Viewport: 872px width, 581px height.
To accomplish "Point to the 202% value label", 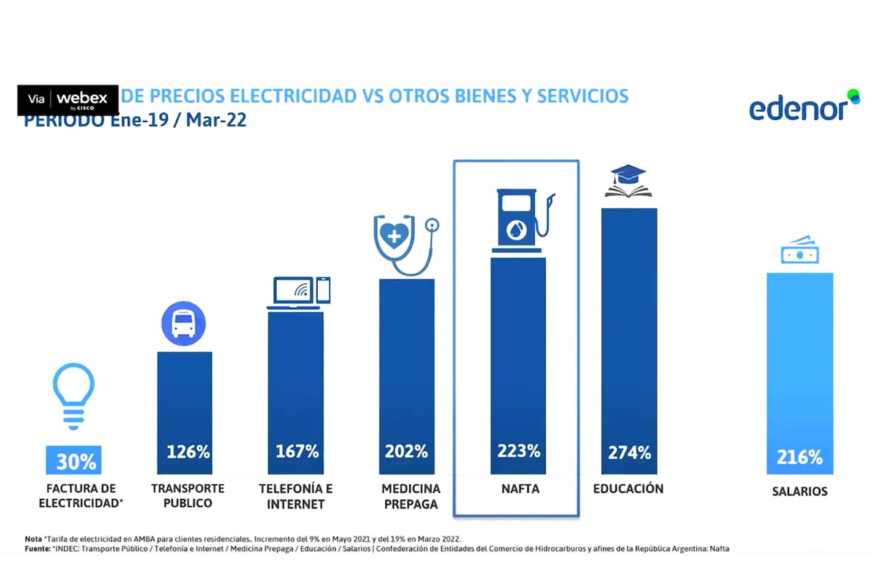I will coord(406,451).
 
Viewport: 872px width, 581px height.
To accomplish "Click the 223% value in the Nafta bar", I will coord(518,451).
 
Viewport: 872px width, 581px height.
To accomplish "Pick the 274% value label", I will coord(629,452).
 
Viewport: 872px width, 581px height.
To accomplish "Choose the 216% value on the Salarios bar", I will coord(799,458).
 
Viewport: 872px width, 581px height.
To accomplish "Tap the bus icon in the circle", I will coord(184,323).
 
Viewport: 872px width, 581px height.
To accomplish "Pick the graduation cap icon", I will coord(629,181).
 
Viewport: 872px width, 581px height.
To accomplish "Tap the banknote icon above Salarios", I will coord(799,251).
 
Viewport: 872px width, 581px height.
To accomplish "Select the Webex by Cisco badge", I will coord(68,99).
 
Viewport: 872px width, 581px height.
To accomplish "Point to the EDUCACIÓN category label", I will coord(628,489).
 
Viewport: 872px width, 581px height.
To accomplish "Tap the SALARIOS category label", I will coord(799,492).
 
